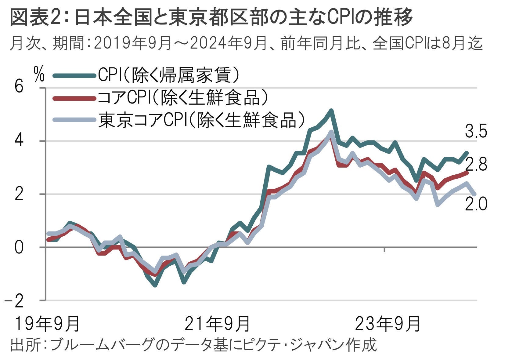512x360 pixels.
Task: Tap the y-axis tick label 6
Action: (19, 87)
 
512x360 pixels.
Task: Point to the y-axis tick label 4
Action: (19, 141)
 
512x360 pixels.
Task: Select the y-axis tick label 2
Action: (19, 194)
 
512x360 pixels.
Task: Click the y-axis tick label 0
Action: (19, 247)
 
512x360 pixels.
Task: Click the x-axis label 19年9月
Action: (47, 324)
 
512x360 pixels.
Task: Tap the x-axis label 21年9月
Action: (217, 324)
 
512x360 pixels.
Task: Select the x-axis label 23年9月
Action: (387, 324)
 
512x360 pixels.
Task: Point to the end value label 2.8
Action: (476, 165)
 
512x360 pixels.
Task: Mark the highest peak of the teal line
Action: (331, 111)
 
